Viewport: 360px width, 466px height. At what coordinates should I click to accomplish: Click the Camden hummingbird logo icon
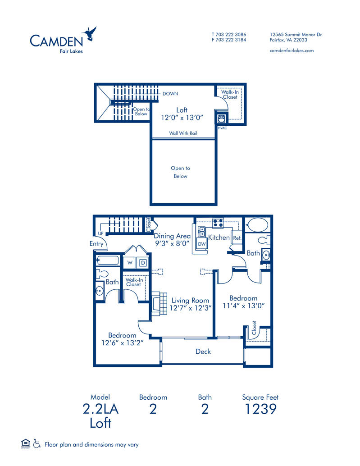pos(90,34)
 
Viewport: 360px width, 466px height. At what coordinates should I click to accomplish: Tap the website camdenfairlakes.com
pos(291,50)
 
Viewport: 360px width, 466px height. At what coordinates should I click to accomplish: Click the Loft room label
pos(182,110)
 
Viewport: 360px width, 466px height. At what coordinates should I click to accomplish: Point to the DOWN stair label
pos(170,94)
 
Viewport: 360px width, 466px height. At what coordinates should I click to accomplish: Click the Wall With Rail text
pos(183,133)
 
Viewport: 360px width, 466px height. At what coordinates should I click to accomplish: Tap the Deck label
pos(203,352)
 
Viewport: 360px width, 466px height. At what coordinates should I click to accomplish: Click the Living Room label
pos(190,301)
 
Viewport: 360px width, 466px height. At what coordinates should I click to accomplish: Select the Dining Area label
pos(172,236)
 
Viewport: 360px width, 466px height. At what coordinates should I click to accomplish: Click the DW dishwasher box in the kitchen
pos(202,244)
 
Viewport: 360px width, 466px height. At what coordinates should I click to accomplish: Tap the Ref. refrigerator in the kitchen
pos(237,238)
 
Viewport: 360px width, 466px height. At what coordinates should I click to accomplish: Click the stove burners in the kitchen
pos(219,222)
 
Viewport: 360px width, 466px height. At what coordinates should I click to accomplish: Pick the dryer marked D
pos(142,262)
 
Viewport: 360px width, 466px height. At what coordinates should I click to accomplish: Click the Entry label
pos(96,244)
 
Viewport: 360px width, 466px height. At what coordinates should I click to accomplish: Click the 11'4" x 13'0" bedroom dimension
pos(243,306)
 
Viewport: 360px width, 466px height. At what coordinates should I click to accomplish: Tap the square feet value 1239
pos(260,409)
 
